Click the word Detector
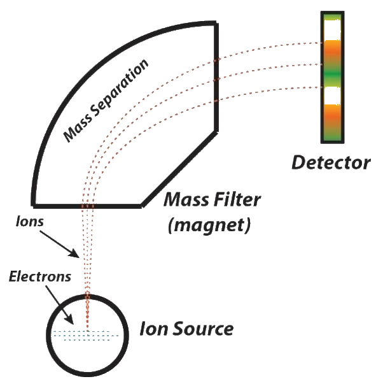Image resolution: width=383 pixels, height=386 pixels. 331,163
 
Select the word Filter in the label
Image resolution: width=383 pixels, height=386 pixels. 237,201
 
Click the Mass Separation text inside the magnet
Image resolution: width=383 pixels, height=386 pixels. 106,100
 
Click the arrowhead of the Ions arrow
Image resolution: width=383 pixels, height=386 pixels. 78,257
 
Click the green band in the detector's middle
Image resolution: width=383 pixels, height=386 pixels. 331,75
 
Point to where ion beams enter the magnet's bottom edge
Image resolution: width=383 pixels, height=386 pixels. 88,206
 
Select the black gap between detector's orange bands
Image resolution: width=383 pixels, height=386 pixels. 331,96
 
